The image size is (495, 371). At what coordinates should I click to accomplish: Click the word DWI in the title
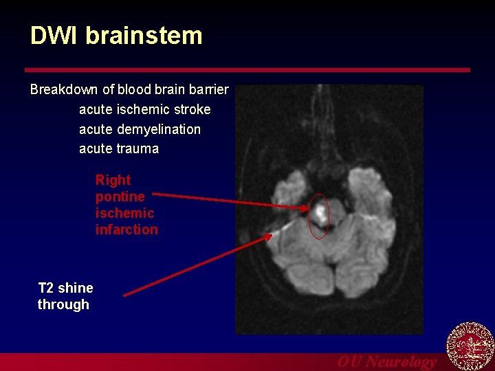point(54,36)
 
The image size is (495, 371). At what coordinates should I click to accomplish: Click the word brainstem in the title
point(144,36)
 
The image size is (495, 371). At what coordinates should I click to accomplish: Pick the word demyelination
point(159,129)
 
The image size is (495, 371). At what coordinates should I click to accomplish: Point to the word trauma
point(137,149)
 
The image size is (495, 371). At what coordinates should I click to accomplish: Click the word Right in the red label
point(113,180)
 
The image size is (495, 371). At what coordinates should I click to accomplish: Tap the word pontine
point(120,196)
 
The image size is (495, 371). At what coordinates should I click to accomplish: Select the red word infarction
point(126,229)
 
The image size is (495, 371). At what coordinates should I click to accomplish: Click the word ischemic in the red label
point(124,213)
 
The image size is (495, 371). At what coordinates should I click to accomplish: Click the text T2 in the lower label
point(46,288)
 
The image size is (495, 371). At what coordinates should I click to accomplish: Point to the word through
point(63,304)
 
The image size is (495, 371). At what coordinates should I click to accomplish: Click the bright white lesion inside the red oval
point(320,212)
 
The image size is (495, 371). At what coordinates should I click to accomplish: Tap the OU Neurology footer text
point(386,361)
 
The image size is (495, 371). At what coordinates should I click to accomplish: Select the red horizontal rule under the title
point(247,70)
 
